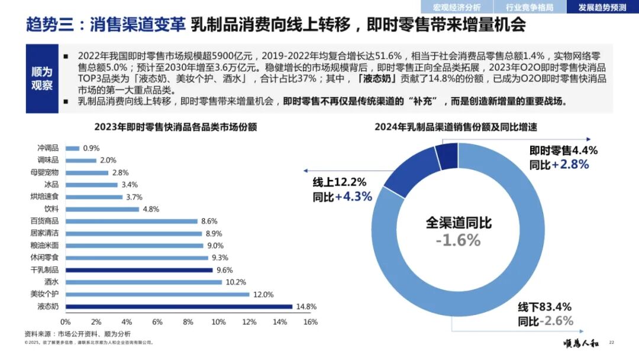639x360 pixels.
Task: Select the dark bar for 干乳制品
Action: click(x=139, y=269)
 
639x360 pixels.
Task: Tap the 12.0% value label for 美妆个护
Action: click(x=263, y=294)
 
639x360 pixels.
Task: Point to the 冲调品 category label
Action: click(x=47, y=148)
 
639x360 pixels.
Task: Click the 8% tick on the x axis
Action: click(x=188, y=322)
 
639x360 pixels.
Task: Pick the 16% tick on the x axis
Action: click(x=311, y=322)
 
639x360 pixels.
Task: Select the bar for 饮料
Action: click(x=102, y=209)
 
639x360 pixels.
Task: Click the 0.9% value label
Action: click(x=91, y=148)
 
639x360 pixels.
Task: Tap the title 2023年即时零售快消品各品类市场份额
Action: click(x=175, y=127)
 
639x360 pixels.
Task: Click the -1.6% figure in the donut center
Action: click(x=458, y=240)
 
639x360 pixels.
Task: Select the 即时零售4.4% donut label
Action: click(x=563, y=150)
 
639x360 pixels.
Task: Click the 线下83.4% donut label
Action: click(x=545, y=307)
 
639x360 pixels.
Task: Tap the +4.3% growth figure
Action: click(x=353, y=197)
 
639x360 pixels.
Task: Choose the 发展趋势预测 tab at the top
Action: click(x=602, y=7)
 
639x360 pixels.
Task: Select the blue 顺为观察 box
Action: click(x=42, y=78)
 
